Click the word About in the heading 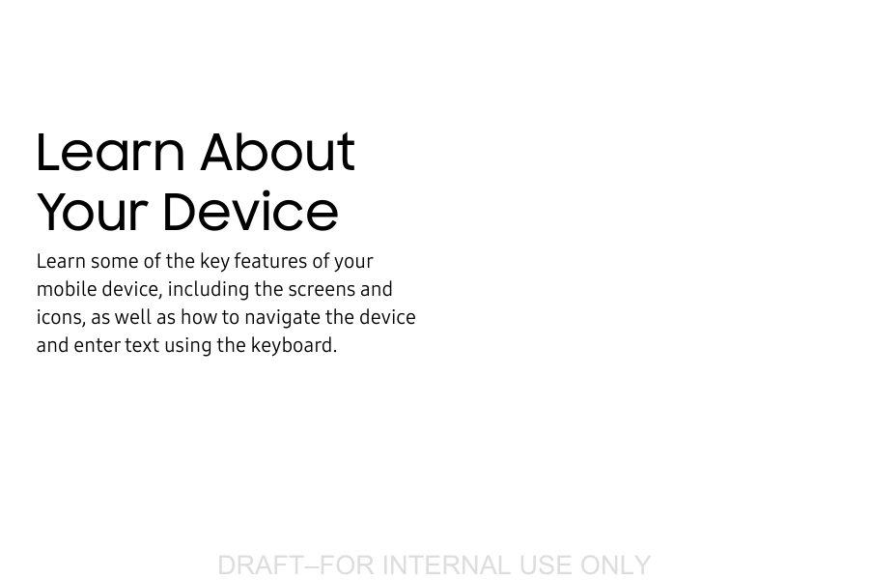tap(278, 152)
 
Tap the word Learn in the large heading tap(110, 152)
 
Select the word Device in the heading tap(250, 212)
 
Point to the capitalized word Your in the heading tap(93, 212)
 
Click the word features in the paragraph tap(269, 261)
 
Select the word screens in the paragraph tap(322, 289)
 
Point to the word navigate tap(281, 317)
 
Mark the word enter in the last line tap(97, 345)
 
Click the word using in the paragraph tap(187, 345)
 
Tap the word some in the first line tap(114, 261)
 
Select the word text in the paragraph tap(142, 345)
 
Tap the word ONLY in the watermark tap(615, 565)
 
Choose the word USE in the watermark tap(546, 565)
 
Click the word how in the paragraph tap(198, 317)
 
